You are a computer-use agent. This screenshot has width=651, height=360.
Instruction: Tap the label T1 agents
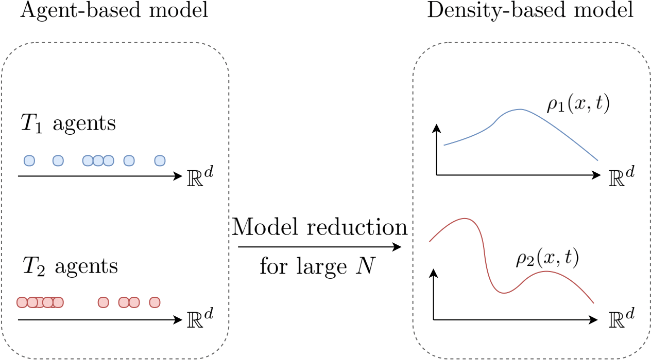(68, 124)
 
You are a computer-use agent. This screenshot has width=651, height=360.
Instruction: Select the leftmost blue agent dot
(29, 161)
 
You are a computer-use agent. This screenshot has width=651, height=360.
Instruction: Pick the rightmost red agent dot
(155, 302)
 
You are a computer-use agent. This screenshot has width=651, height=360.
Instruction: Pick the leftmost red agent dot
(22, 302)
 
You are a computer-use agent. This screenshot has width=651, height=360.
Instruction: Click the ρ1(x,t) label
(578, 105)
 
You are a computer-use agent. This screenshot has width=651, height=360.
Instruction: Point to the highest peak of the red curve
(466, 219)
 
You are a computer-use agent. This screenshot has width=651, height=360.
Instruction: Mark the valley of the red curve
(505, 293)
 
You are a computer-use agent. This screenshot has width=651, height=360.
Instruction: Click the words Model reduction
(320, 228)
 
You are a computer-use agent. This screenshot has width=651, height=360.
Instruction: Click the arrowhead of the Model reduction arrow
(398, 247)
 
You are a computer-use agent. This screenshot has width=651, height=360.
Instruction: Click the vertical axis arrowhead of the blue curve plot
(436, 128)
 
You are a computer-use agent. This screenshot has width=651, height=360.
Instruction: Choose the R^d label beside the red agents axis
(199, 318)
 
